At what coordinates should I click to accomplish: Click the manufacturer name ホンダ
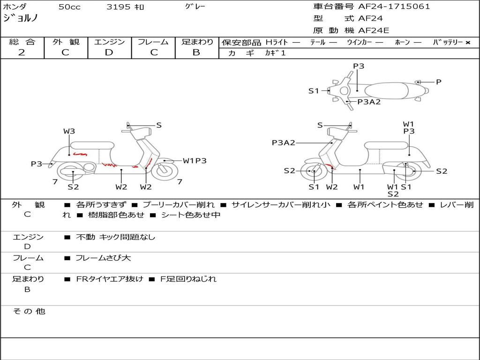pyautogui.click(x=15, y=7)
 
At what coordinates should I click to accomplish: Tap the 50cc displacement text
pyautogui.click(x=69, y=7)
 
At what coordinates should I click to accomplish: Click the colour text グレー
pyautogui.click(x=195, y=7)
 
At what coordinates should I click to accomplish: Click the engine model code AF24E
pyautogui.click(x=374, y=31)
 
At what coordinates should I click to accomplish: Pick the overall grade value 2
pyautogui.click(x=22, y=52)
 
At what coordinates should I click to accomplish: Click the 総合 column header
pyautogui.click(x=22, y=42)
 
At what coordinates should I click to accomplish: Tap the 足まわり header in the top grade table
pyautogui.click(x=197, y=42)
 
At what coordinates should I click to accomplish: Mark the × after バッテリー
pyautogui.click(x=467, y=42)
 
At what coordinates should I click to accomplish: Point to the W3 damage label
pyautogui.click(x=69, y=131)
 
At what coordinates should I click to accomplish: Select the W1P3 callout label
pyautogui.click(x=195, y=161)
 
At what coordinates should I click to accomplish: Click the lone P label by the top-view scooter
pyautogui.click(x=438, y=82)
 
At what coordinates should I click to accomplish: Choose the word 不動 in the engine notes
pyautogui.click(x=86, y=237)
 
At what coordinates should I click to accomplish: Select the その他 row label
pyautogui.click(x=29, y=311)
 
